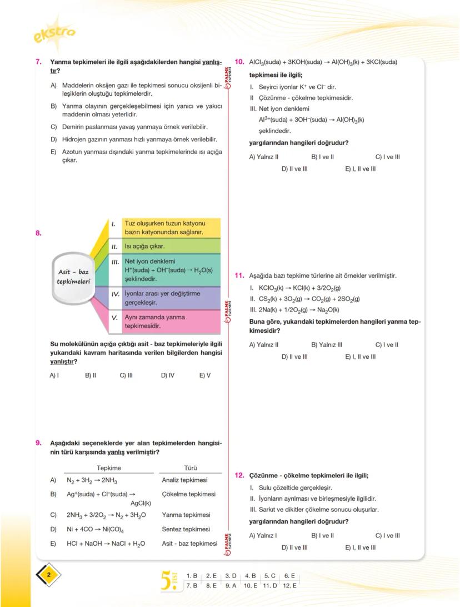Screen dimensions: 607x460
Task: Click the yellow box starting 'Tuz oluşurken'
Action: pos(171,228)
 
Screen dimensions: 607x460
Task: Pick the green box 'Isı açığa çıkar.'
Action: pos(171,246)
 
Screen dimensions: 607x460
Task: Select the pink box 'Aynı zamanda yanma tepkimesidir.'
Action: pos(171,321)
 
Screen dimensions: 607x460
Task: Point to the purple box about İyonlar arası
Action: pos(171,298)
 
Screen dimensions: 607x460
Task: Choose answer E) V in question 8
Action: pos(205,376)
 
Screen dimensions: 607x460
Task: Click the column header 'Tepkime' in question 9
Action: pos(109,468)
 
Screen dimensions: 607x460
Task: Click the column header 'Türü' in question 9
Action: pos(191,468)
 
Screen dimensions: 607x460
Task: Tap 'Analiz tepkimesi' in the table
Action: pos(184,480)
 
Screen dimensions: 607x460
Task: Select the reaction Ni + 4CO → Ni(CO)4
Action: pos(95,530)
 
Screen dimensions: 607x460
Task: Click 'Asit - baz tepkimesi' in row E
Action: pos(189,544)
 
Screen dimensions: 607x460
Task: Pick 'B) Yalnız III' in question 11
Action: pos(327,345)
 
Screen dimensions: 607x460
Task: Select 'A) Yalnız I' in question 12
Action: pos(263,536)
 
